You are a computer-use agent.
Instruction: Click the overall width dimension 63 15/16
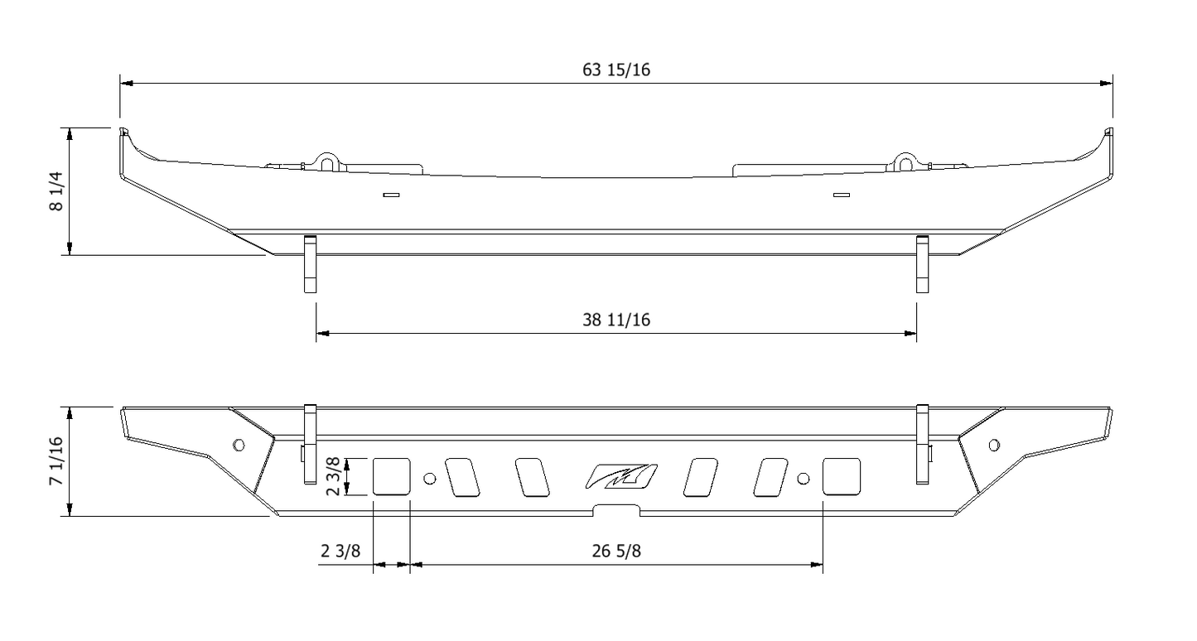616,70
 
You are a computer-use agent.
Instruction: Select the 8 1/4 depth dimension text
56,190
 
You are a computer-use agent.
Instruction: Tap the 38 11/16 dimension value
616,320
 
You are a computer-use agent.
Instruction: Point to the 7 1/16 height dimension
56,462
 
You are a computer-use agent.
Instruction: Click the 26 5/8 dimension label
616,551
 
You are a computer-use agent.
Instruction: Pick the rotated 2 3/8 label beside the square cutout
332,476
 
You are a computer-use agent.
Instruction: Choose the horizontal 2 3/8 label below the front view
340,551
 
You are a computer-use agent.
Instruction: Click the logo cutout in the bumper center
622,476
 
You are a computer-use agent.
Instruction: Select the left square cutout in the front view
392,477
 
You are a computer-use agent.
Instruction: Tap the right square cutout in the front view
841,477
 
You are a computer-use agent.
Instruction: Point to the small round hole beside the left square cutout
429,478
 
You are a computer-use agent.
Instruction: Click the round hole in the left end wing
239,445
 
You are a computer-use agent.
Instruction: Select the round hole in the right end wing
994,445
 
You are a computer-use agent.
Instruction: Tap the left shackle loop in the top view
327,161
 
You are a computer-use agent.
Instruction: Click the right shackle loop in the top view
905,161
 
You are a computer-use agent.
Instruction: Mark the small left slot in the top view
391,195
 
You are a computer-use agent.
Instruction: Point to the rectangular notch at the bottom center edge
617,509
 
